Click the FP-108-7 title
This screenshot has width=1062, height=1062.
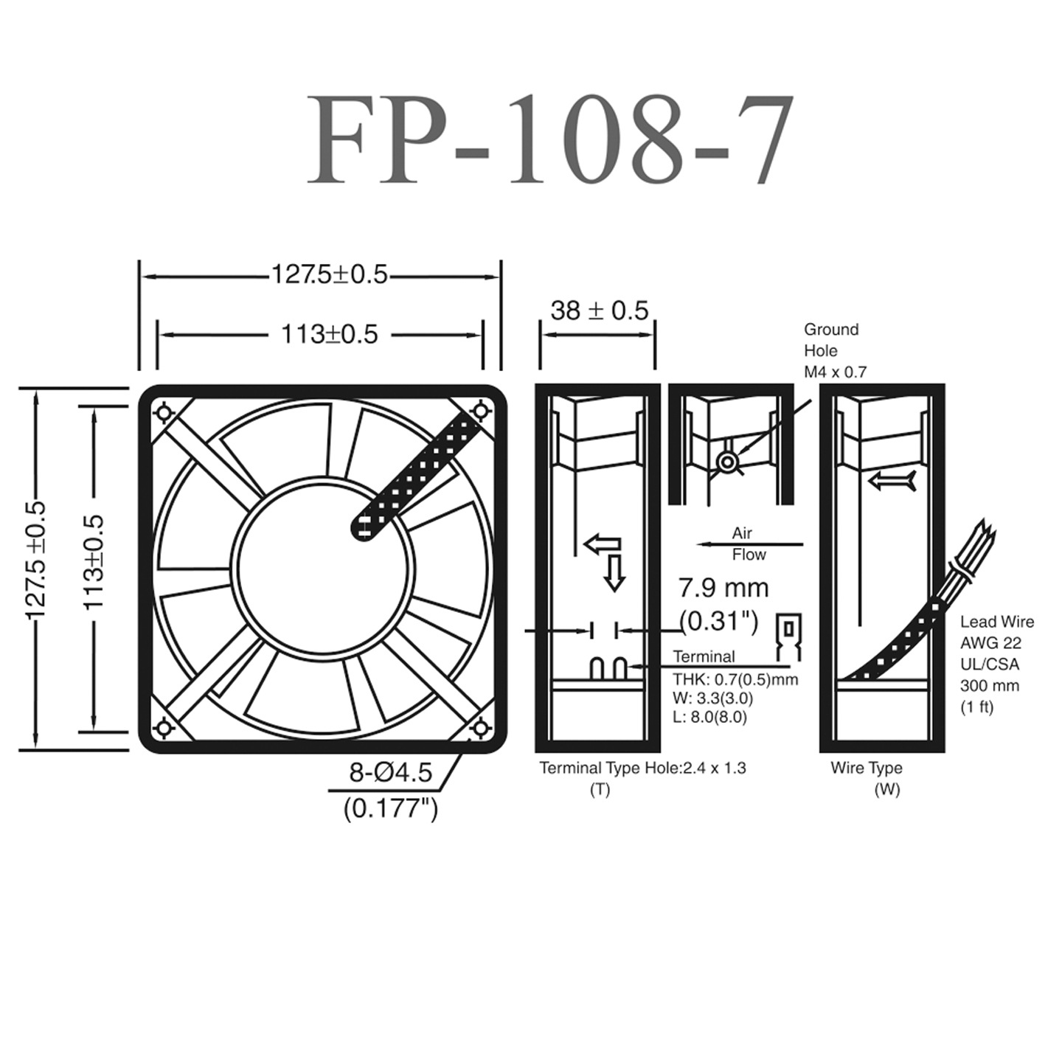click(x=549, y=140)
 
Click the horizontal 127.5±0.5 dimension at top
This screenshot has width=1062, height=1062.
click(x=329, y=274)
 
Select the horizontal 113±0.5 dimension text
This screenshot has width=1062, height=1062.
click(x=329, y=334)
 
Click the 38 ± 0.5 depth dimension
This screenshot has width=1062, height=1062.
click(x=599, y=310)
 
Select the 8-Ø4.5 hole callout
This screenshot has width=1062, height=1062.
click(x=390, y=773)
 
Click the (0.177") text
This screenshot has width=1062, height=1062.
click(x=390, y=808)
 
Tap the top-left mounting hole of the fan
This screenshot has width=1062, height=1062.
click(x=163, y=410)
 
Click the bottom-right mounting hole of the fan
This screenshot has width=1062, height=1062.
click(x=481, y=729)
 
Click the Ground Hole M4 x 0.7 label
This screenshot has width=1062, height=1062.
click(x=834, y=350)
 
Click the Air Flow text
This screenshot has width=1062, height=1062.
click(x=747, y=544)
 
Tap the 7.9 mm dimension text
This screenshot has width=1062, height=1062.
click(x=723, y=588)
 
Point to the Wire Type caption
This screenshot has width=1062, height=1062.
click(x=867, y=768)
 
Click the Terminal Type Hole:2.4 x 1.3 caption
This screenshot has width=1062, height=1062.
click(x=642, y=768)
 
